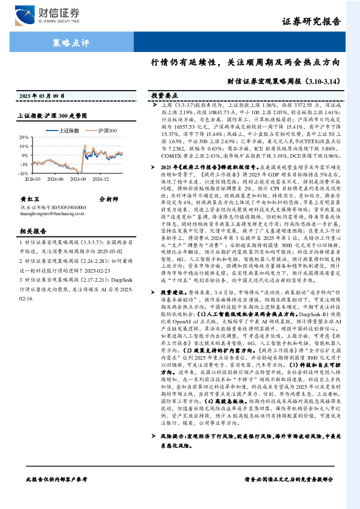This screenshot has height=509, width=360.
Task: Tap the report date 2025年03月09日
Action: pos(42,96)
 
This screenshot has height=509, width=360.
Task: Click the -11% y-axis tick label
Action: pos(24,173)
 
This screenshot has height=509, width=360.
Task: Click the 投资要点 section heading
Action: pos(164,96)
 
